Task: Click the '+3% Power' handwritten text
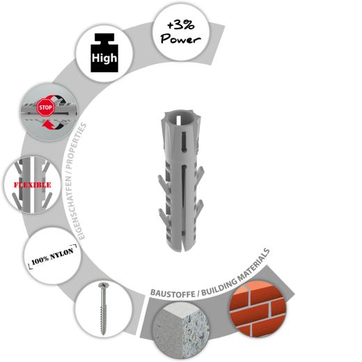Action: (180, 32)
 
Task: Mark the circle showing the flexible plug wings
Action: (32, 184)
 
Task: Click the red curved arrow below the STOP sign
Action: (47, 124)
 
